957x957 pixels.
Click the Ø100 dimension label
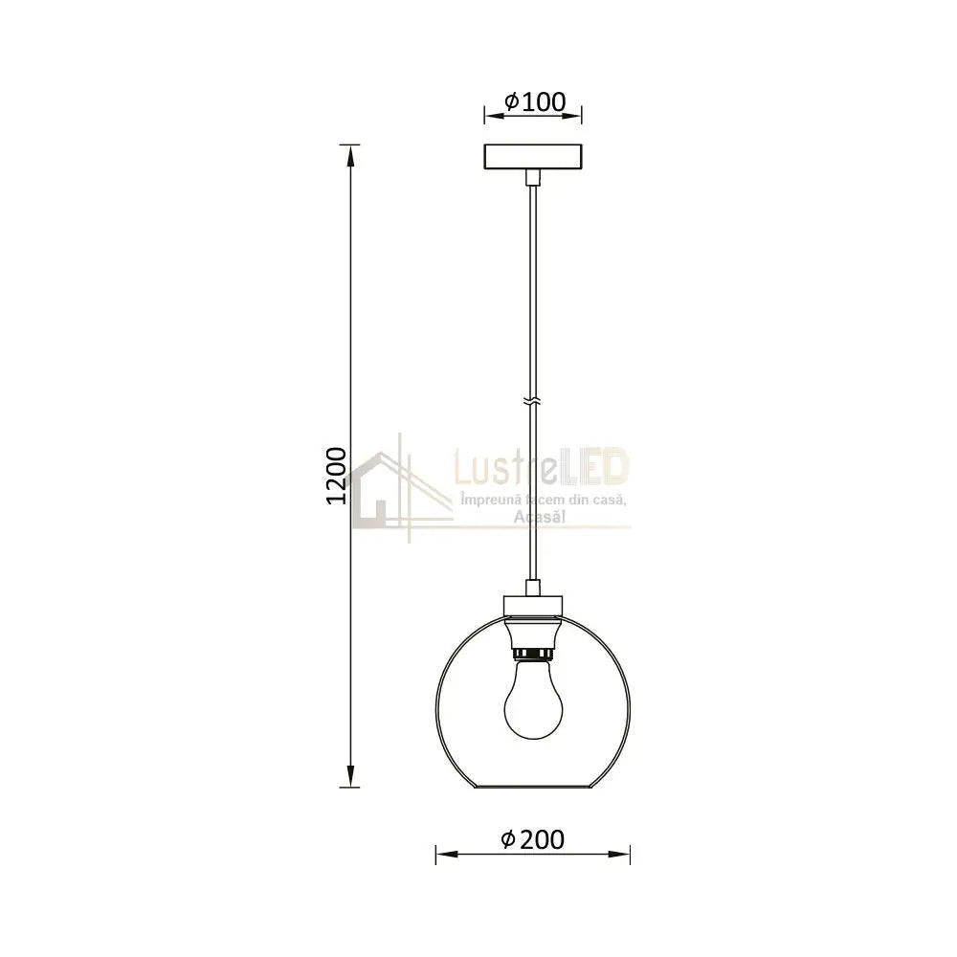[534, 100]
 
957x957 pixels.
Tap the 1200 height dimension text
[336, 475]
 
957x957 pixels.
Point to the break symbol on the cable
[533, 400]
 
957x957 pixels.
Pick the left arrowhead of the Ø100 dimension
[490, 117]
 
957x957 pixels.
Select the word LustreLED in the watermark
[541, 469]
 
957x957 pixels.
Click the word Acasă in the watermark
[541, 517]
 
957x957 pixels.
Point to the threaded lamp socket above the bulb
[533, 653]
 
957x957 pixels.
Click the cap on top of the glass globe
[533, 604]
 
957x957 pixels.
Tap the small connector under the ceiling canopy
[533, 177]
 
